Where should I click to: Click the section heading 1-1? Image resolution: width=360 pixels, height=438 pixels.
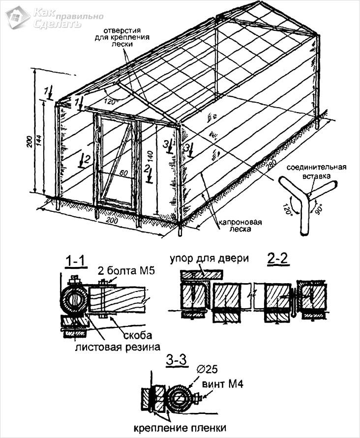pos(76,261)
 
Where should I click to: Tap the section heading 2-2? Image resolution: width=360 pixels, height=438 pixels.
pos(278,259)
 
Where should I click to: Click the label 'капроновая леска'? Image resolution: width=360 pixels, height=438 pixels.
pos(240,225)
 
